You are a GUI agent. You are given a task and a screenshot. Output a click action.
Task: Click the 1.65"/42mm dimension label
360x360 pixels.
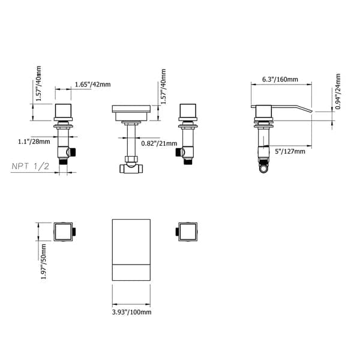click(x=92, y=85)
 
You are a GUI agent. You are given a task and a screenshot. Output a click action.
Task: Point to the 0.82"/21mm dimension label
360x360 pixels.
click(x=158, y=143)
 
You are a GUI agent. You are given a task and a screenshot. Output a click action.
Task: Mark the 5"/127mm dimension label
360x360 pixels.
click(x=289, y=151)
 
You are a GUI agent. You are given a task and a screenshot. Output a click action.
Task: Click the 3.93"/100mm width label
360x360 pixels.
click(x=132, y=311)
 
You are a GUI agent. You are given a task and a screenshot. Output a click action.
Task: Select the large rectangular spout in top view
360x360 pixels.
click(x=132, y=250)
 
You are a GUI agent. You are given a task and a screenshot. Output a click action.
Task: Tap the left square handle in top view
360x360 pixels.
click(x=63, y=231)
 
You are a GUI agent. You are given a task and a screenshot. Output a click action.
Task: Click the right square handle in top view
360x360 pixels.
click(x=187, y=231)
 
